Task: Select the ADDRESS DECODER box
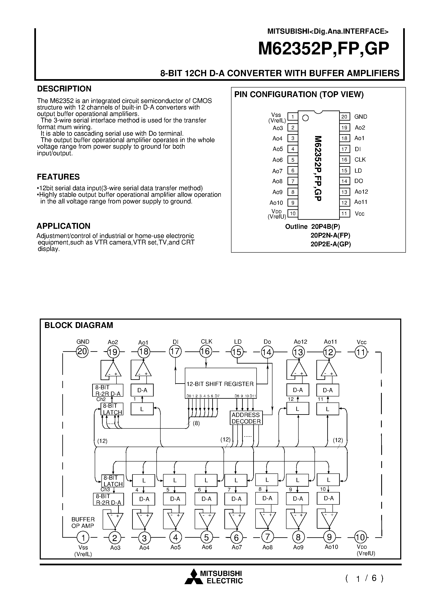[246, 418]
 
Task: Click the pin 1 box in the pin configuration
[293, 117]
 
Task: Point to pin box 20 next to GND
[344, 117]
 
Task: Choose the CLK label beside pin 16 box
[360, 160]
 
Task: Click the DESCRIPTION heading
[64, 89]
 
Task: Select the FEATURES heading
[58, 177]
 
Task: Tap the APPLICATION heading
[63, 226]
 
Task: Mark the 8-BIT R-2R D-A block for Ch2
[108, 390]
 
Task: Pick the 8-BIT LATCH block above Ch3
[113, 481]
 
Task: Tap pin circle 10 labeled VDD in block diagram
[361, 537]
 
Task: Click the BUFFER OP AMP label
[83, 522]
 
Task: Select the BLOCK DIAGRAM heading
[79, 325]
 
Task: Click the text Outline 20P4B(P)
[312, 226]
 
